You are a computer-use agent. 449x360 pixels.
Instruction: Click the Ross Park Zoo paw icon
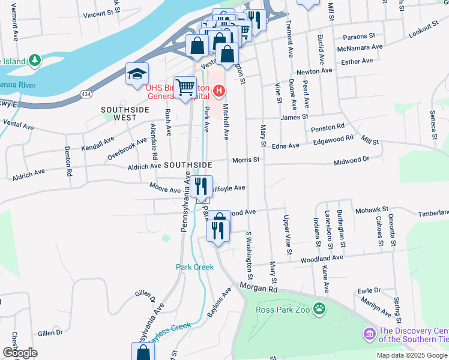pos(321,310)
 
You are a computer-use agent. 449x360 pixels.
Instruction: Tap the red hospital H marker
pos(220,91)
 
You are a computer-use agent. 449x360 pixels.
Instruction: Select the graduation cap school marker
pos(136,74)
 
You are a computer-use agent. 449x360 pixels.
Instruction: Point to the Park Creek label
pos(194,267)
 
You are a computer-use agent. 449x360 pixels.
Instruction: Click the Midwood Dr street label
pos(351,160)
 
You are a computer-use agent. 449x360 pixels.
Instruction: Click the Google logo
pos(20,353)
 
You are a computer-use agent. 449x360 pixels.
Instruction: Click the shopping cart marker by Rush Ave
pos(185,88)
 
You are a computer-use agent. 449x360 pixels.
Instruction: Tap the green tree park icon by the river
pos(35,60)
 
